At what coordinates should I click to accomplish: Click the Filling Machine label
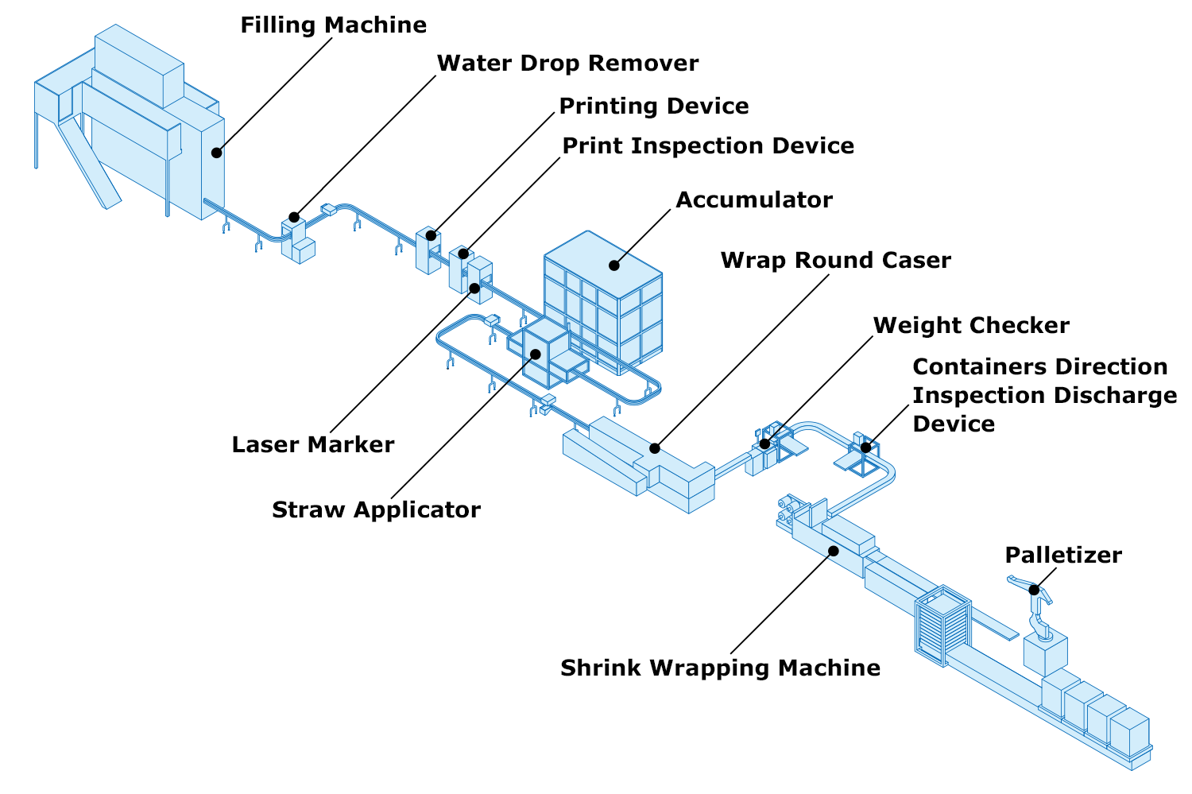point(333,25)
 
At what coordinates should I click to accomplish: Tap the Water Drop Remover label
point(567,64)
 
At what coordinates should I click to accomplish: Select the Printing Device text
point(653,107)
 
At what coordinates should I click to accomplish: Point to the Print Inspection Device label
point(707,146)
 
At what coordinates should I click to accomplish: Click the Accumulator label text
point(753,200)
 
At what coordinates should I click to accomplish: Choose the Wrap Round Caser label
point(835,261)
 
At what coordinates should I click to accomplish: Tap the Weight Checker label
point(970,326)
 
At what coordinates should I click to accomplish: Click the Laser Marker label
point(312,445)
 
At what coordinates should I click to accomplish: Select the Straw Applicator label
point(376,510)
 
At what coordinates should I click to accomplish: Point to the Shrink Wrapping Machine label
point(720,668)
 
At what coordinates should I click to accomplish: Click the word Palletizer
point(1062,556)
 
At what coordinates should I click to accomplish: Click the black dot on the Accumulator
point(614,265)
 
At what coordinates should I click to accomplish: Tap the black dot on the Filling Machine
point(216,152)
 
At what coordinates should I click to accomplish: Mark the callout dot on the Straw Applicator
point(536,354)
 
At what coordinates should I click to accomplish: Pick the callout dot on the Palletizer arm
point(1034,590)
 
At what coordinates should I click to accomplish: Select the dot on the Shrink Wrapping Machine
point(833,550)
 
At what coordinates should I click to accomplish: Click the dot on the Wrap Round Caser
point(655,448)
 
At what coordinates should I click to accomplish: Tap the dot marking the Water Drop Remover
point(294,217)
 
